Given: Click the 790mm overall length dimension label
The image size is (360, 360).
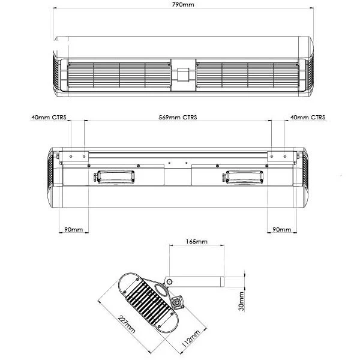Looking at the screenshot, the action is tap(183, 4).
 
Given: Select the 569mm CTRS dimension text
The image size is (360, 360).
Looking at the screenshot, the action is tap(178, 118).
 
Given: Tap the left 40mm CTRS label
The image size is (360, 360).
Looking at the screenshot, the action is tap(49, 118).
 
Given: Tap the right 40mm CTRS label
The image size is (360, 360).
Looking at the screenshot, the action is tap(308, 118).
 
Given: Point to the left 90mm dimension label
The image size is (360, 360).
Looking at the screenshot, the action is tap(73, 229).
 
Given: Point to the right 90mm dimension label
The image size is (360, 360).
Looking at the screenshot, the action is tap(282, 229).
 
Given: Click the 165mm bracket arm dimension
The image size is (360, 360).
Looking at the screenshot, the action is tap(197, 242).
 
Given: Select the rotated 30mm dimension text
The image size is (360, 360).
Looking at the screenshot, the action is tap(241, 301).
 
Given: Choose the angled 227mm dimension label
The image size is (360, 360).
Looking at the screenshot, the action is tap(127, 324).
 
